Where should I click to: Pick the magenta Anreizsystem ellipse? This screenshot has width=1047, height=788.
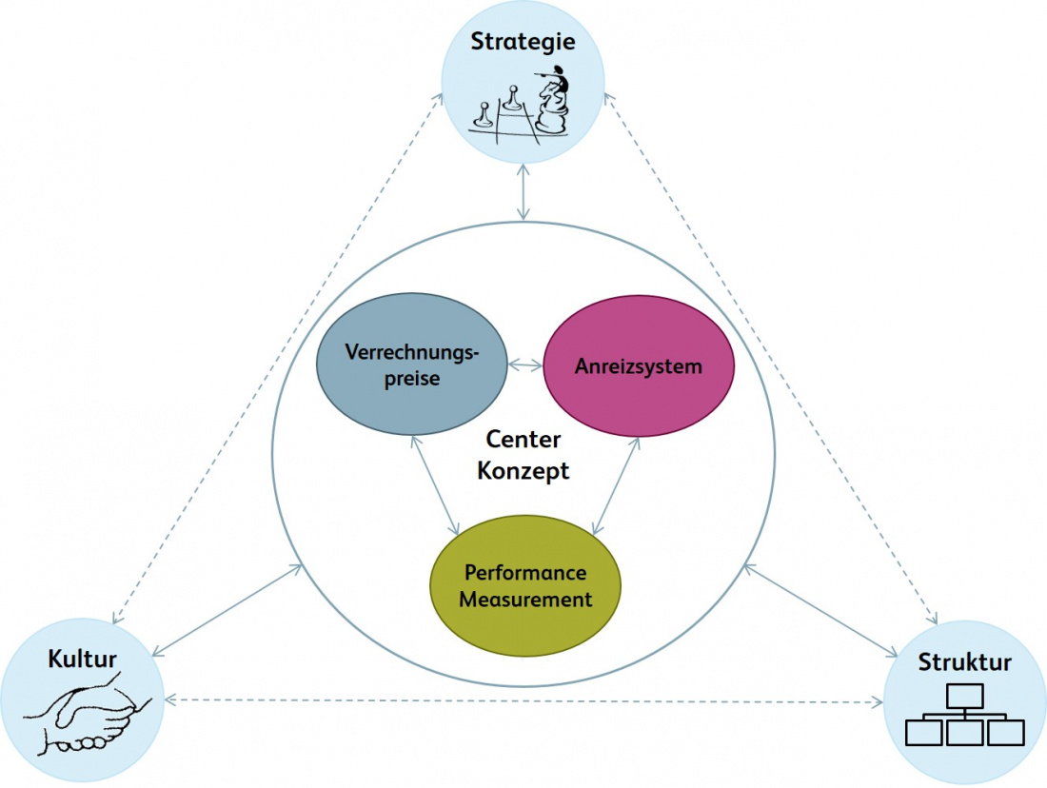click(639, 365)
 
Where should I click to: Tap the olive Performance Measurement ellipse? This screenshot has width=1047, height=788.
click(525, 586)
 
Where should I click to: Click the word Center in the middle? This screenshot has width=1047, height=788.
click(523, 440)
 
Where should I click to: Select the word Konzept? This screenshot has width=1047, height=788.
click(523, 470)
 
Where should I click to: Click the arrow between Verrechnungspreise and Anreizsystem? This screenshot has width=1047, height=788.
click(524, 364)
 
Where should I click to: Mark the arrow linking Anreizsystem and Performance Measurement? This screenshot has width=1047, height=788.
click(614, 484)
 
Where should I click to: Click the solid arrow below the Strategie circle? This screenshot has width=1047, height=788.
click(523, 194)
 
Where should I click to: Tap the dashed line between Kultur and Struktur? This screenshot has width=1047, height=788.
click(523, 701)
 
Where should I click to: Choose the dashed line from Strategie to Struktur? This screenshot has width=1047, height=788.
click(771, 357)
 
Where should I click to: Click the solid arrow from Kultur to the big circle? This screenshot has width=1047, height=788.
click(228, 609)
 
